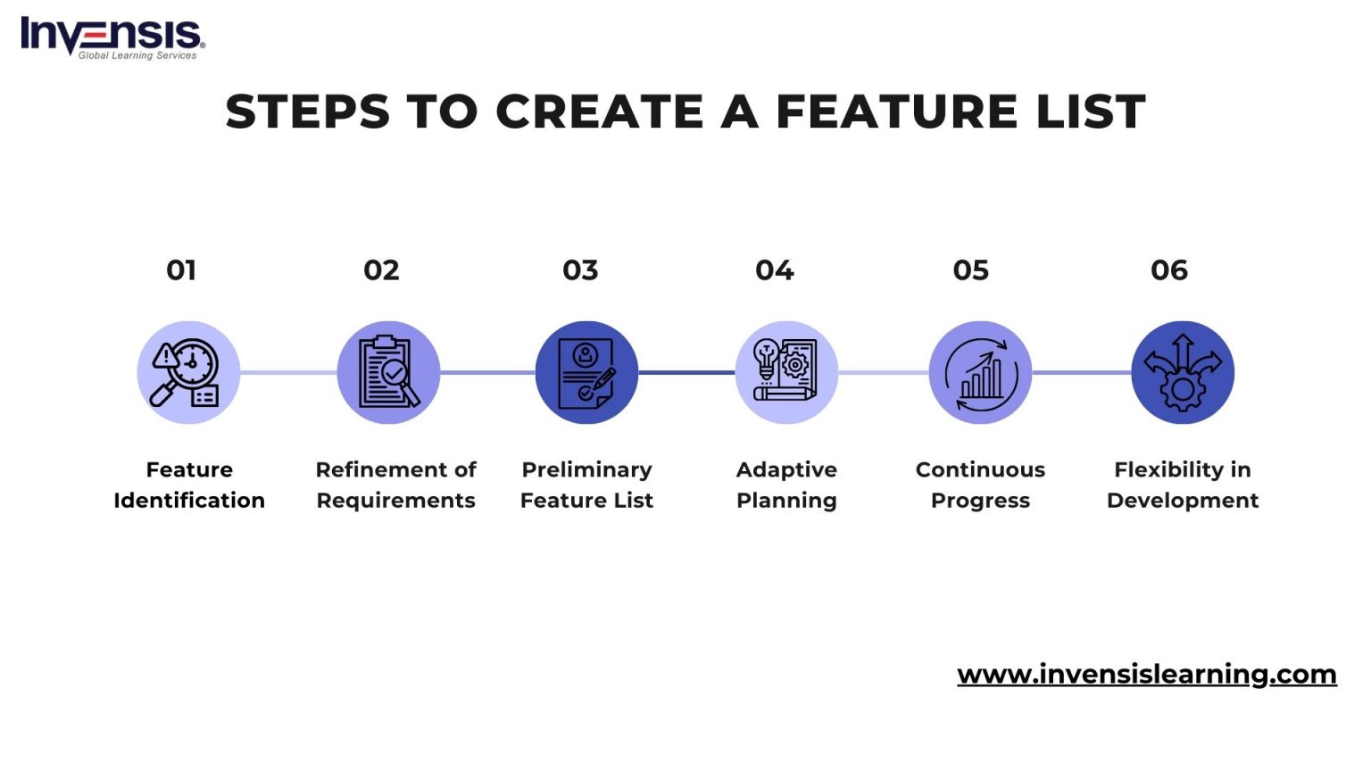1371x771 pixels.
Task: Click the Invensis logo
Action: pyautogui.click(x=112, y=37)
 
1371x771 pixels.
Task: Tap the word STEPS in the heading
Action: pyautogui.click(x=308, y=112)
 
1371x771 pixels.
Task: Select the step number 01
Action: pyautogui.click(x=181, y=270)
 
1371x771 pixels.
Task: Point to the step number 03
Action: pyautogui.click(x=580, y=270)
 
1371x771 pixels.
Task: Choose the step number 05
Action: pyautogui.click(x=971, y=270)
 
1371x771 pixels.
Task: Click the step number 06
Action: pyautogui.click(x=1169, y=270)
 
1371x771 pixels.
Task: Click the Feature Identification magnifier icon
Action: pyautogui.click(x=188, y=372)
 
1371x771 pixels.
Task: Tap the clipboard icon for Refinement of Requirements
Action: pyautogui.click(x=388, y=372)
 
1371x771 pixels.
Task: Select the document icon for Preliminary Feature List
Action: pyautogui.click(x=586, y=372)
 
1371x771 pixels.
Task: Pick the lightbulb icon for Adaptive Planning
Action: pyautogui.click(x=786, y=372)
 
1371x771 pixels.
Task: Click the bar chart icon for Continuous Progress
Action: pyautogui.click(x=980, y=372)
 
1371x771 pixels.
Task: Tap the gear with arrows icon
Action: pyautogui.click(x=1183, y=372)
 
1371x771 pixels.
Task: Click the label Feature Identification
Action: pyautogui.click(x=189, y=485)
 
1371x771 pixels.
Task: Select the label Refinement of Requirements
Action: pyautogui.click(x=395, y=485)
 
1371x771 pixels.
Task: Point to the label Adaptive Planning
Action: pyautogui.click(x=786, y=485)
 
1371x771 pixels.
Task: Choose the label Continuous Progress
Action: pyautogui.click(x=980, y=485)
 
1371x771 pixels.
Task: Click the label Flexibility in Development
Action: pyautogui.click(x=1183, y=485)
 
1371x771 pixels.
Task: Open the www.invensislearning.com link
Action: pyautogui.click(x=1146, y=674)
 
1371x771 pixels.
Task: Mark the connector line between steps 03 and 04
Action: pyautogui.click(x=686, y=373)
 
